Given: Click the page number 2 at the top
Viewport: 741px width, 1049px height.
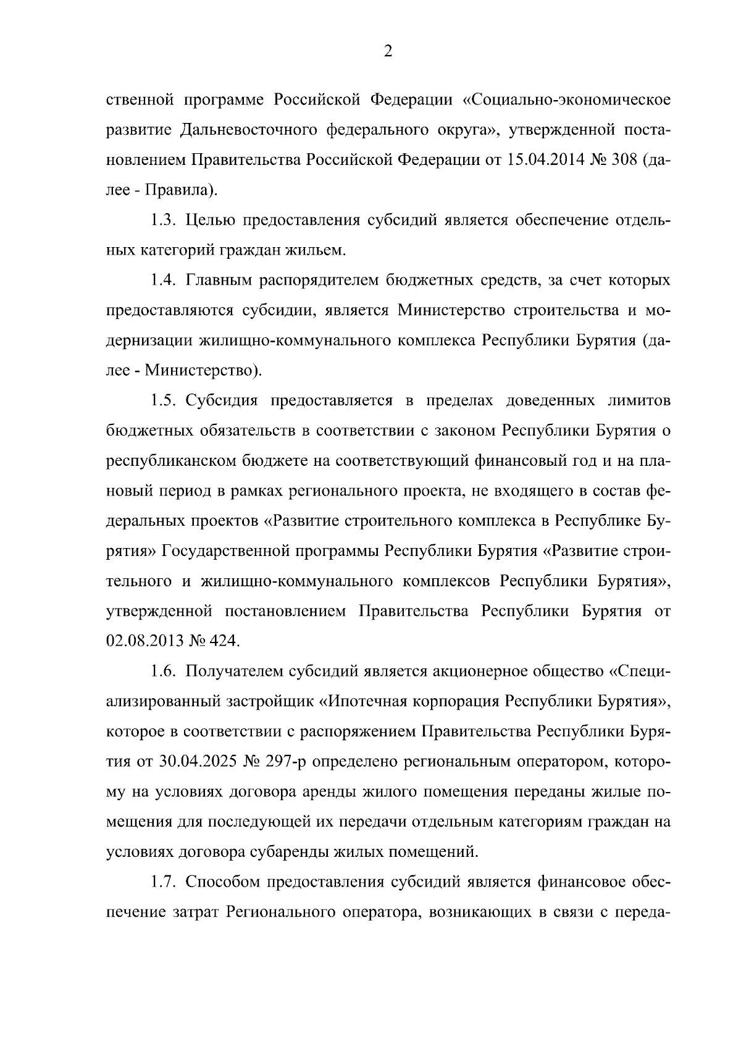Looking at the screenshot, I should coord(388,52).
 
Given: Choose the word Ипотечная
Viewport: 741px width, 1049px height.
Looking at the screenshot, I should coord(367,701).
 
